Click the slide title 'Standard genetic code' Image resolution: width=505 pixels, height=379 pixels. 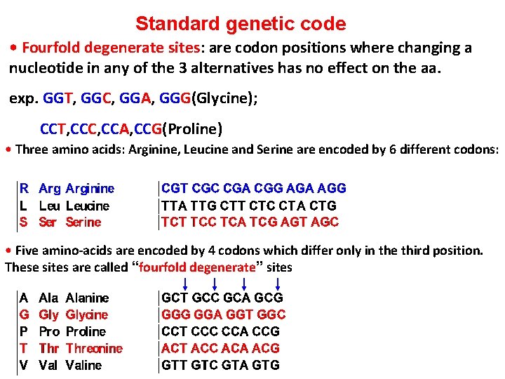point(241,24)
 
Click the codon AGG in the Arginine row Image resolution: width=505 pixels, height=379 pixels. point(332,189)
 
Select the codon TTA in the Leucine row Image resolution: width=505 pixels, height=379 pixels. point(174,206)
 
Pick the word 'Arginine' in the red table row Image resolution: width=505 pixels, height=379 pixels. point(90,189)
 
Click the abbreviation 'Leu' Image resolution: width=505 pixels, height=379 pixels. point(49,206)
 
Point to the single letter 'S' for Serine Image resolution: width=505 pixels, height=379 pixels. point(24,222)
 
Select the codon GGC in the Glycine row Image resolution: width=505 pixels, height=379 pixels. point(271,314)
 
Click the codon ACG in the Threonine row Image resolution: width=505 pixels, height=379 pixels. point(265,348)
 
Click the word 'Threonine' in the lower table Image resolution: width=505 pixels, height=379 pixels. point(94,348)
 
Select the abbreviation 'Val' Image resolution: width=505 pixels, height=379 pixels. point(48,365)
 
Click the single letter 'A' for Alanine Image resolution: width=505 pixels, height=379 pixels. point(24,298)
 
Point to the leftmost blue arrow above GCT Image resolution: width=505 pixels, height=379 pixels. point(184,283)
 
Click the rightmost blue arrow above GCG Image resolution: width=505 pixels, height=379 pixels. point(279,283)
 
